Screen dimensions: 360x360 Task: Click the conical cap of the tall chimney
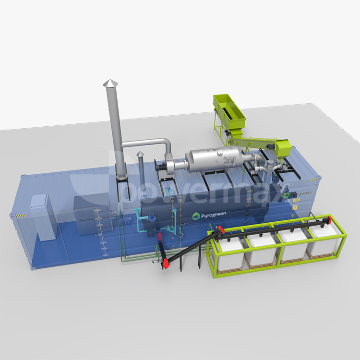tap(110, 83)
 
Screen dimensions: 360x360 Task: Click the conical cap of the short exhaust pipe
tap(140, 154)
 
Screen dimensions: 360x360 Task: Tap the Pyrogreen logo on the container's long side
tap(209, 216)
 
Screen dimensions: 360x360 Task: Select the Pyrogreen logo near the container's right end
tap(297, 195)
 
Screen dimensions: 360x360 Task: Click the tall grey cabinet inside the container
tap(42, 217)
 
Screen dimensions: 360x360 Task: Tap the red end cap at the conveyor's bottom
tap(166, 264)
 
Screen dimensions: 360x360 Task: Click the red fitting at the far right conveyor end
tap(328, 221)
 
